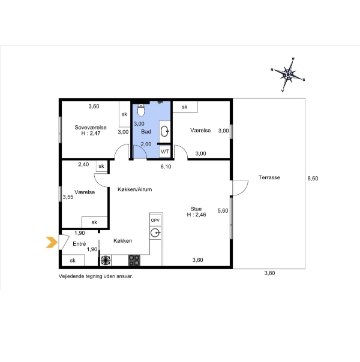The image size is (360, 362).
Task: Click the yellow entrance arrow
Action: [x=52, y=242]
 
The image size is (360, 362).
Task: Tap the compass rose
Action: [x=288, y=74]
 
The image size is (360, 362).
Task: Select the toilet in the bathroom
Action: [x=141, y=110]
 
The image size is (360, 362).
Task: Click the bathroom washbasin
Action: [x=165, y=131]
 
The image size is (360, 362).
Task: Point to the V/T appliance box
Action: [x=165, y=152]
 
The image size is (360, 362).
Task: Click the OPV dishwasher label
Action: [x=155, y=220]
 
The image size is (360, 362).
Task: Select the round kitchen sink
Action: [x=155, y=233]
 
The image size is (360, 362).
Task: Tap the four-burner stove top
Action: [x=134, y=260]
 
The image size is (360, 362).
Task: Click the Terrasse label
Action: [x=269, y=177]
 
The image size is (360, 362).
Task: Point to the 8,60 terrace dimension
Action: [x=313, y=179]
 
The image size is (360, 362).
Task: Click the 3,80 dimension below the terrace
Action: [x=269, y=273]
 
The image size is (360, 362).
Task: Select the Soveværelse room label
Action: [x=91, y=128]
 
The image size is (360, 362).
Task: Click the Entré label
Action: [x=79, y=243]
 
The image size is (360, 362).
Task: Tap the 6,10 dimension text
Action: [x=166, y=167]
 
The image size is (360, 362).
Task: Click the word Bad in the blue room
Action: [x=146, y=132]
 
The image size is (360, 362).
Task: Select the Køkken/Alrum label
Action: [x=135, y=189]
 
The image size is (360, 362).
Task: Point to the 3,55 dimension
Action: [x=68, y=197]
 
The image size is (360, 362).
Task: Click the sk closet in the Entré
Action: [x=73, y=260]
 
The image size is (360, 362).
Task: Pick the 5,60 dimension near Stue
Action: [x=223, y=210]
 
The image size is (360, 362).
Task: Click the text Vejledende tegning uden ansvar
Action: [x=96, y=276]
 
